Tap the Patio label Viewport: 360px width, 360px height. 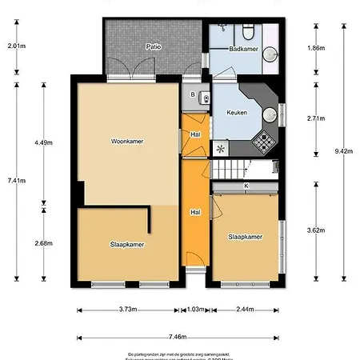point(154,46)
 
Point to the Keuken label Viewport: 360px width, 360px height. point(236,113)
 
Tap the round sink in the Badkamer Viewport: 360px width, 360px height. point(270,54)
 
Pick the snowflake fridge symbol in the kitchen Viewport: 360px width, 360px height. point(220,148)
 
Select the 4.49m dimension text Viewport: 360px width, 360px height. point(43,142)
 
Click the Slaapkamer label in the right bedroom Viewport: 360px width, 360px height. point(245,237)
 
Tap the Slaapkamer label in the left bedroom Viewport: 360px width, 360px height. point(127,245)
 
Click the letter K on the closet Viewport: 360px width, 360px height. point(246,186)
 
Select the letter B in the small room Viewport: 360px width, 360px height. point(193,94)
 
